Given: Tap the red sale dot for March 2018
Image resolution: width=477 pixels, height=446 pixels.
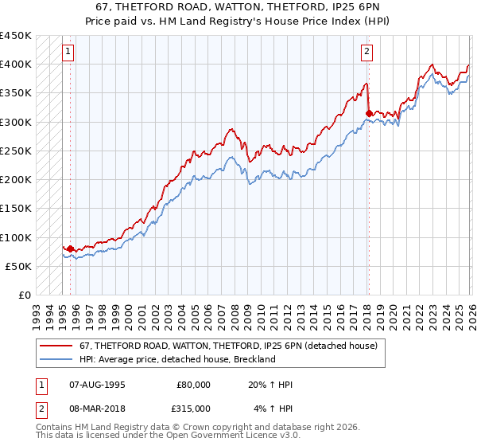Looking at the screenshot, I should pyautogui.click(x=369, y=113).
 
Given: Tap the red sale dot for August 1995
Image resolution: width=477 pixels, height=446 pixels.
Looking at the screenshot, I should pyautogui.click(x=70, y=249).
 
